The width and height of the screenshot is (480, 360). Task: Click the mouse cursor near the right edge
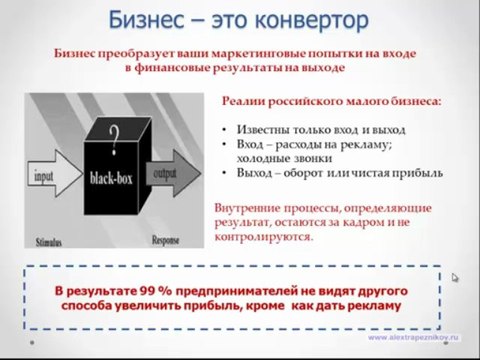456,279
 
